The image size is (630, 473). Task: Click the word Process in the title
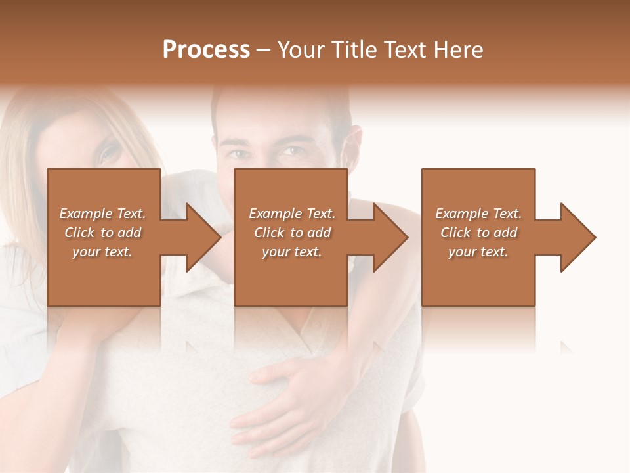(x=206, y=50)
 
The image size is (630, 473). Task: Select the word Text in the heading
(x=404, y=50)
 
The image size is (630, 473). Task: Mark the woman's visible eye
(x=110, y=154)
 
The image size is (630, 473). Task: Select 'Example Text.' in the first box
(x=102, y=214)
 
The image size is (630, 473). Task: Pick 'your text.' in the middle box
(x=291, y=252)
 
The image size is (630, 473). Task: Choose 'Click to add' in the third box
(x=478, y=233)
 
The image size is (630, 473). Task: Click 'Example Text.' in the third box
(x=478, y=214)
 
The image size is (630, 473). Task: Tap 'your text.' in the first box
(x=102, y=252)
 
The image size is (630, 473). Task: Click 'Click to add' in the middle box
(x=291, y=233)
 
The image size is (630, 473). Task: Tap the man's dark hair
(x=282, y=105)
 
